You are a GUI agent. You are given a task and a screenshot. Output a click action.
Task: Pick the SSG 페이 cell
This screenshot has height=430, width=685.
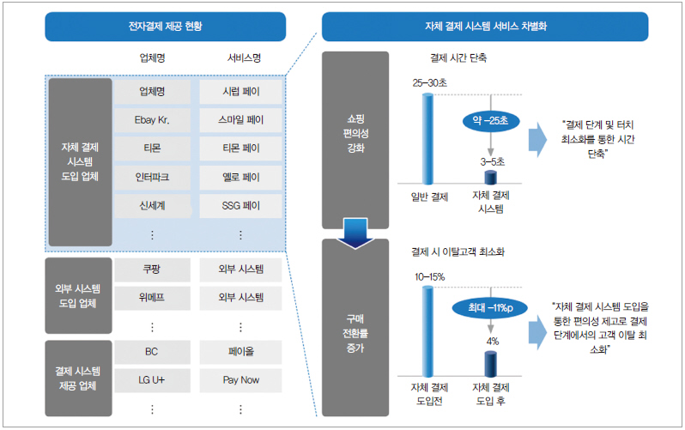click(240, 206)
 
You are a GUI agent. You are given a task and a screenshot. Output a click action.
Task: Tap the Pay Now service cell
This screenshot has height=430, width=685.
click(240, 379)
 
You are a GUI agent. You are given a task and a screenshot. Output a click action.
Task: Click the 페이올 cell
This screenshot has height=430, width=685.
click(240, 351)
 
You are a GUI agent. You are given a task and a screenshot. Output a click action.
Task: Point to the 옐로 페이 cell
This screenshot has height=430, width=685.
click(240, 177)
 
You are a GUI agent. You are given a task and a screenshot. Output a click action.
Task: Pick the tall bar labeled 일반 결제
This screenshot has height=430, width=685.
click(428, 139)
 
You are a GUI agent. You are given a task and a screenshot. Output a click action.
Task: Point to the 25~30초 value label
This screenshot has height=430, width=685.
click(429, 82)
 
